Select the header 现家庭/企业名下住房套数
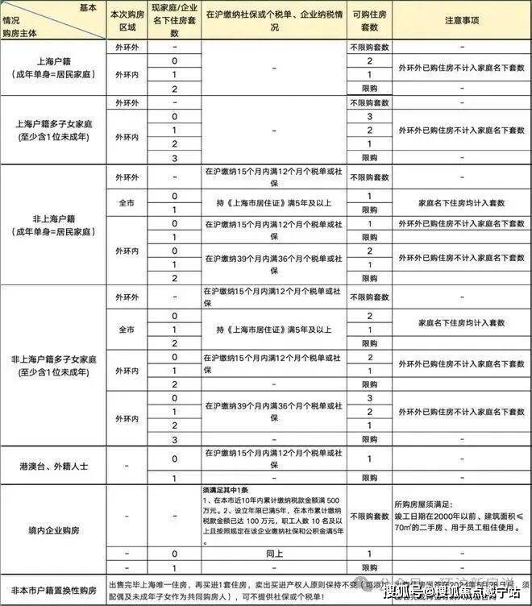[x=174, y=21]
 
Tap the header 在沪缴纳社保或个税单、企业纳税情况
[x=273, y=21]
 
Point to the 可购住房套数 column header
[x=369, y=21]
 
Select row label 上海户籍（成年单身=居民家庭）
[x=53, y=68]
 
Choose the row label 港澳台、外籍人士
[x=53, y=466]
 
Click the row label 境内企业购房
[x=53, y=528]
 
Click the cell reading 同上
[x=273, y=554]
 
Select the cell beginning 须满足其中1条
[x=273, y=517]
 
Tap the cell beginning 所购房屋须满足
[x=462, y=517]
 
